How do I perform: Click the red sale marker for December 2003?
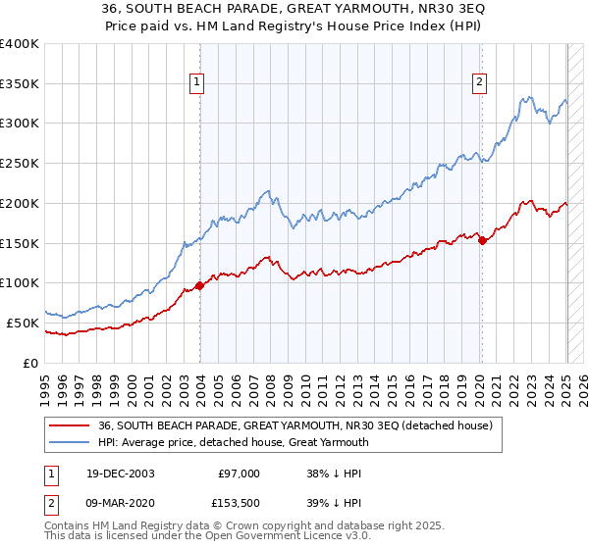[200, 285]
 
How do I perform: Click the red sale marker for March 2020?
[482, 240]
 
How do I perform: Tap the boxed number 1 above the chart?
[198, 82]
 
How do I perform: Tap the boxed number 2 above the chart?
[480, 82]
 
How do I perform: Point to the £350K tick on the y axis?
[19, 83]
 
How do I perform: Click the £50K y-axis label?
[23, 323]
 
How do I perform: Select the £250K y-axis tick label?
[19, 163]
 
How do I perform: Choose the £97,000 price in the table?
[240, 474]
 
